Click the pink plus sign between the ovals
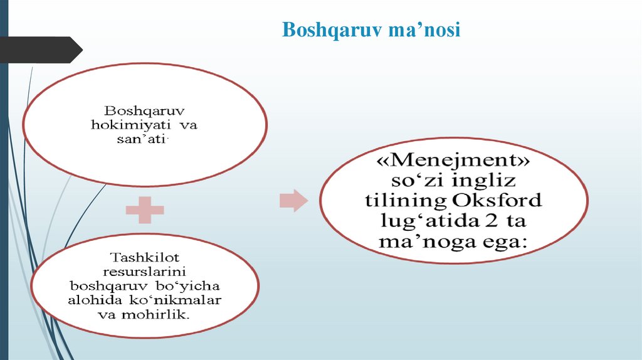tap(145, 211)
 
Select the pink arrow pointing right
tap(293, 201)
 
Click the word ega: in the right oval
tap(500, 241)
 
